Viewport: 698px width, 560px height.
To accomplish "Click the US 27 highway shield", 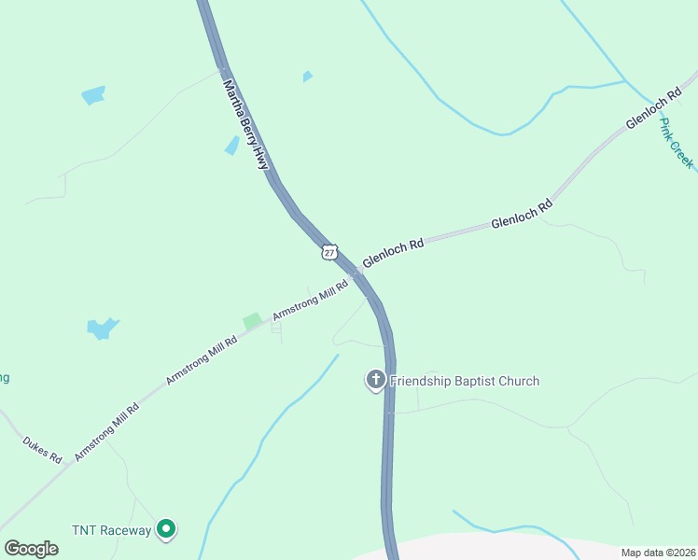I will (x=328, y=252).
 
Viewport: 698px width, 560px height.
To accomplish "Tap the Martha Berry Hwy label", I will (x=245, y=123).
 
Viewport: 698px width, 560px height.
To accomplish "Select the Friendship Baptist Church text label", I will (x=465, y=381).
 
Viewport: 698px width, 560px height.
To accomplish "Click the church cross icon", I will (x=375, y=379).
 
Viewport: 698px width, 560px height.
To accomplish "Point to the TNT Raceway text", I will (x=111, y=530).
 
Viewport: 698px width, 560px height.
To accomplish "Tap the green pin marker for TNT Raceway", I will (x=167, y=529).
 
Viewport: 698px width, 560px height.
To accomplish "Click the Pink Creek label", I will (x=677, y=143).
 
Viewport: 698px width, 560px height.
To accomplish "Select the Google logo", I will (x=31, y=549).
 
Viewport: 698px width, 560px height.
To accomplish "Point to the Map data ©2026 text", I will (x=657, y=553).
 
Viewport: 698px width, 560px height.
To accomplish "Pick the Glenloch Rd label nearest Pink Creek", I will (x=651, y=112).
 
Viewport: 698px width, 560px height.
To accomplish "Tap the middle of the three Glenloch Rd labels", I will (x=522, y=213).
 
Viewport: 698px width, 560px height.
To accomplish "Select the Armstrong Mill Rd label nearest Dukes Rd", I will (x=106, y=429).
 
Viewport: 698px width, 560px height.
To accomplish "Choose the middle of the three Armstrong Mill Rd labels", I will (x=201, y=360).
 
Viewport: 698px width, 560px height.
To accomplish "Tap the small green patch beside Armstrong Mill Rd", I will (x=252, y=321).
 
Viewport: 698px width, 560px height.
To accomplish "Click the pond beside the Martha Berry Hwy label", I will (x=231, y=146).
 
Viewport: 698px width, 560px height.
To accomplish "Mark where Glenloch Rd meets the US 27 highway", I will (x=358, y=271).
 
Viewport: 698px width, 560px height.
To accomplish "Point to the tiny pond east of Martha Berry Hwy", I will (x=307, y=77).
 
